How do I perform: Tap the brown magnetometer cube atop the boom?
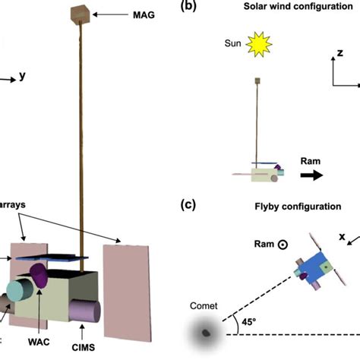click(x=78, y=13)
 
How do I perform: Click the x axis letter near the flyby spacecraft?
click(x=341, y=236)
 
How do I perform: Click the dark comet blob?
click(x=204, y=332)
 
